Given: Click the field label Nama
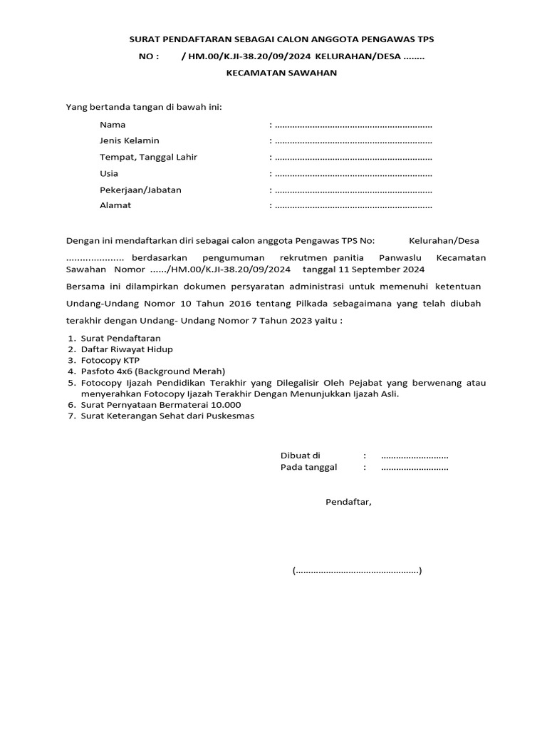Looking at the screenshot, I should pyautogui.click(x=113, y=125).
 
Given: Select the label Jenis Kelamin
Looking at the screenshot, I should pyautogui.click(x=129, y=141).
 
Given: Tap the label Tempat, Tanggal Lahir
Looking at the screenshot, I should pyautogui.click(x=148, y=158).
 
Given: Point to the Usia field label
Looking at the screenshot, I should pyautogui.click(x=109, y=173).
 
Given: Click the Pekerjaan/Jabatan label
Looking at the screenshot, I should pyautogui.click(x=140, y=190).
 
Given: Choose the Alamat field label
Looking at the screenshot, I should pyautogui.click(x=115, y=206).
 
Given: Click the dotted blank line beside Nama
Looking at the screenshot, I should pyautogui.click(x=353, y=125).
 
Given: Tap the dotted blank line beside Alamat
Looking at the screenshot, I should pyautogui.click(x=353, y=207).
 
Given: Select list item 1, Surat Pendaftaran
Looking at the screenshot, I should pyautogui.click(x=120, y=338).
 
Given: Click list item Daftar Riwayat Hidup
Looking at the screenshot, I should pyautogui.click(x=125, y=349).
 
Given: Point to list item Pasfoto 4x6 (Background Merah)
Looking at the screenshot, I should pyautogui.click(x=152, y=371).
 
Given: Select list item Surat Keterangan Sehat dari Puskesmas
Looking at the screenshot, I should pyautogui.click(x=166, y=416).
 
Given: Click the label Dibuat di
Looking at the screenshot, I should pyautogui.click(x=301, y=456).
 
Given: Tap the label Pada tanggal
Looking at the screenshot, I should pyautogui.click(x=308, y=468).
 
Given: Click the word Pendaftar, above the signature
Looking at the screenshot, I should pyautogui.click(x=348, y=502).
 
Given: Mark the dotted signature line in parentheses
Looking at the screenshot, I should pyautogui.click(x=357, y=571).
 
